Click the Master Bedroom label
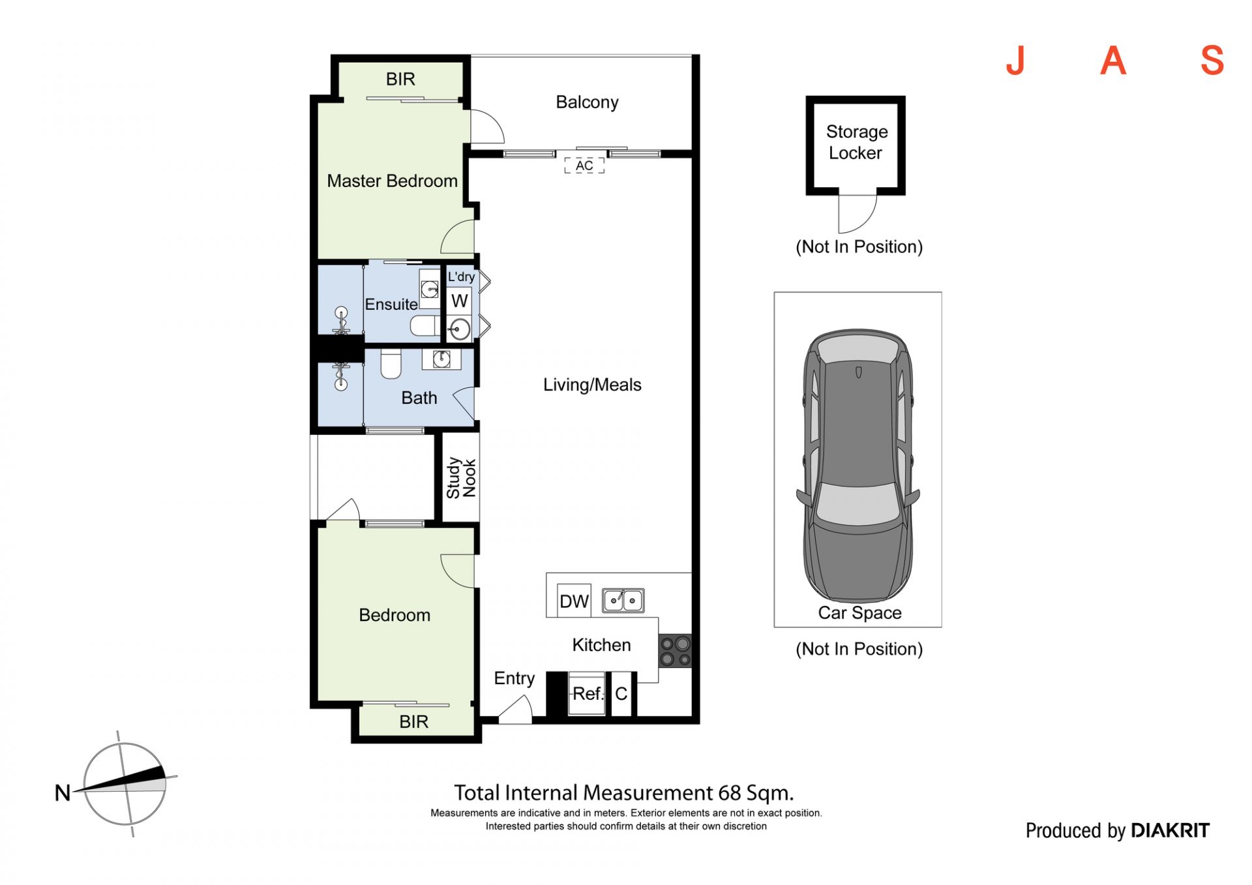[392, 181]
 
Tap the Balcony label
[587, 102]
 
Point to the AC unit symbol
[584, 166]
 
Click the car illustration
[858, 466]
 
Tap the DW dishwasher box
[574, 601]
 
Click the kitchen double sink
[623, 600]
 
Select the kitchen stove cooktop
[675, 651]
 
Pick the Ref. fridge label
[588, 694]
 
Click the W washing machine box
[460, 301]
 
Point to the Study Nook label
[461, 478]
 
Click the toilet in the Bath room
[391, 364]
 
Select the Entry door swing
[516, 709]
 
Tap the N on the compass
[63, 793]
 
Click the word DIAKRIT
[1170, 830]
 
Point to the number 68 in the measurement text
[730, 793]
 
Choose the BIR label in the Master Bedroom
[400, 79]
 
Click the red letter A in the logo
[1113, 61]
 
